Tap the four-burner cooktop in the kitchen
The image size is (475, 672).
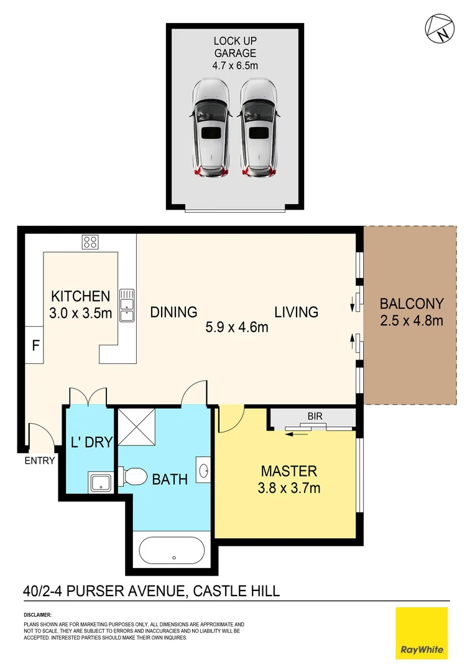90,241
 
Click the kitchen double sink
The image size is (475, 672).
127,305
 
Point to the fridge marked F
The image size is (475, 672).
34,345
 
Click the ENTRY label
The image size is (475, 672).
40,461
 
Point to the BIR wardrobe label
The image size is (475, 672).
313,415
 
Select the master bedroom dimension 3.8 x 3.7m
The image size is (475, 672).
290,488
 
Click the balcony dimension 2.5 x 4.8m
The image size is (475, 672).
412,321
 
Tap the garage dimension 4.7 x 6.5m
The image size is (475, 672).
235,65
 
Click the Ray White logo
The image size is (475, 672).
422,633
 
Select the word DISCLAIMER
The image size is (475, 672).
37,615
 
